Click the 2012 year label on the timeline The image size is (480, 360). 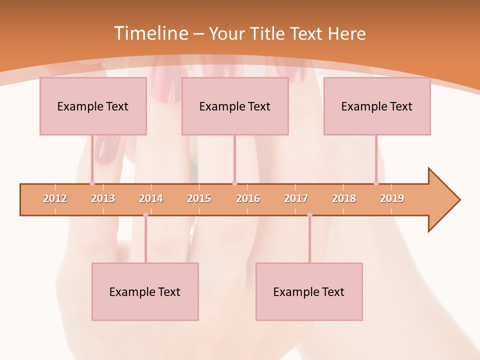click(55, 198)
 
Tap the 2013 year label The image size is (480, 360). click(103, 198)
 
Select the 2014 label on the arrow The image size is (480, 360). click(151, 198)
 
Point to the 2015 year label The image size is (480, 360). click(199, 198)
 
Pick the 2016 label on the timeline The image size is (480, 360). click(248, 198)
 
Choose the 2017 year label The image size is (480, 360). click(296, 198)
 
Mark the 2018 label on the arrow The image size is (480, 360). click(344, 198)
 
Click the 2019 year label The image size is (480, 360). click(392, 198)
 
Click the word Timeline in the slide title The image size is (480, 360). click(150, 33)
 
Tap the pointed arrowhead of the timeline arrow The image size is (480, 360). click(447, 200)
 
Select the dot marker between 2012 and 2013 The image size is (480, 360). click(92, 183)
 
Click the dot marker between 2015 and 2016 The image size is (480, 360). click(234, 183)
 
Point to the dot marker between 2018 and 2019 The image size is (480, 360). click(376, 183)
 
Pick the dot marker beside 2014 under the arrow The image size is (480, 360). click(145, 215)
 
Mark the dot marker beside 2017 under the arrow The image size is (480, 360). click(309, 215)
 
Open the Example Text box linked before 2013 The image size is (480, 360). click(93, 106)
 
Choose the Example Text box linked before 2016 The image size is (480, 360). click(235, 106)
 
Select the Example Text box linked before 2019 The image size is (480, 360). click(377, 106)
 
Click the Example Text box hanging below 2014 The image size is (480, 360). click(145, 291)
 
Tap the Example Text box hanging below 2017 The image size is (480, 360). click(309, 291)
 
